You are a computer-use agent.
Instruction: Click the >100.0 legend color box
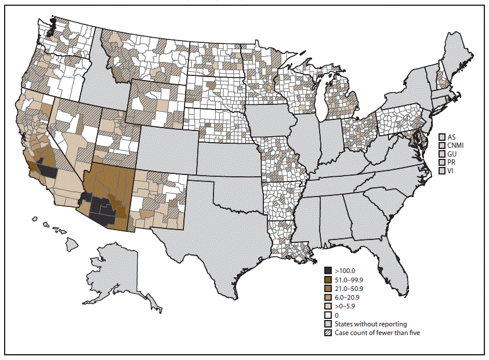(x=328, y=271)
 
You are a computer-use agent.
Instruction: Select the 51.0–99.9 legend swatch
(x=328, y=279)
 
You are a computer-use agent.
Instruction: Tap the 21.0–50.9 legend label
(x=350, y=288)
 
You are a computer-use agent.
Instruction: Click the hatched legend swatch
(x=328, y=333)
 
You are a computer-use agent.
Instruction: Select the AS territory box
(x=443, y=136)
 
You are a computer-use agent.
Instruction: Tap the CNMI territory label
(x=457, y=145)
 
